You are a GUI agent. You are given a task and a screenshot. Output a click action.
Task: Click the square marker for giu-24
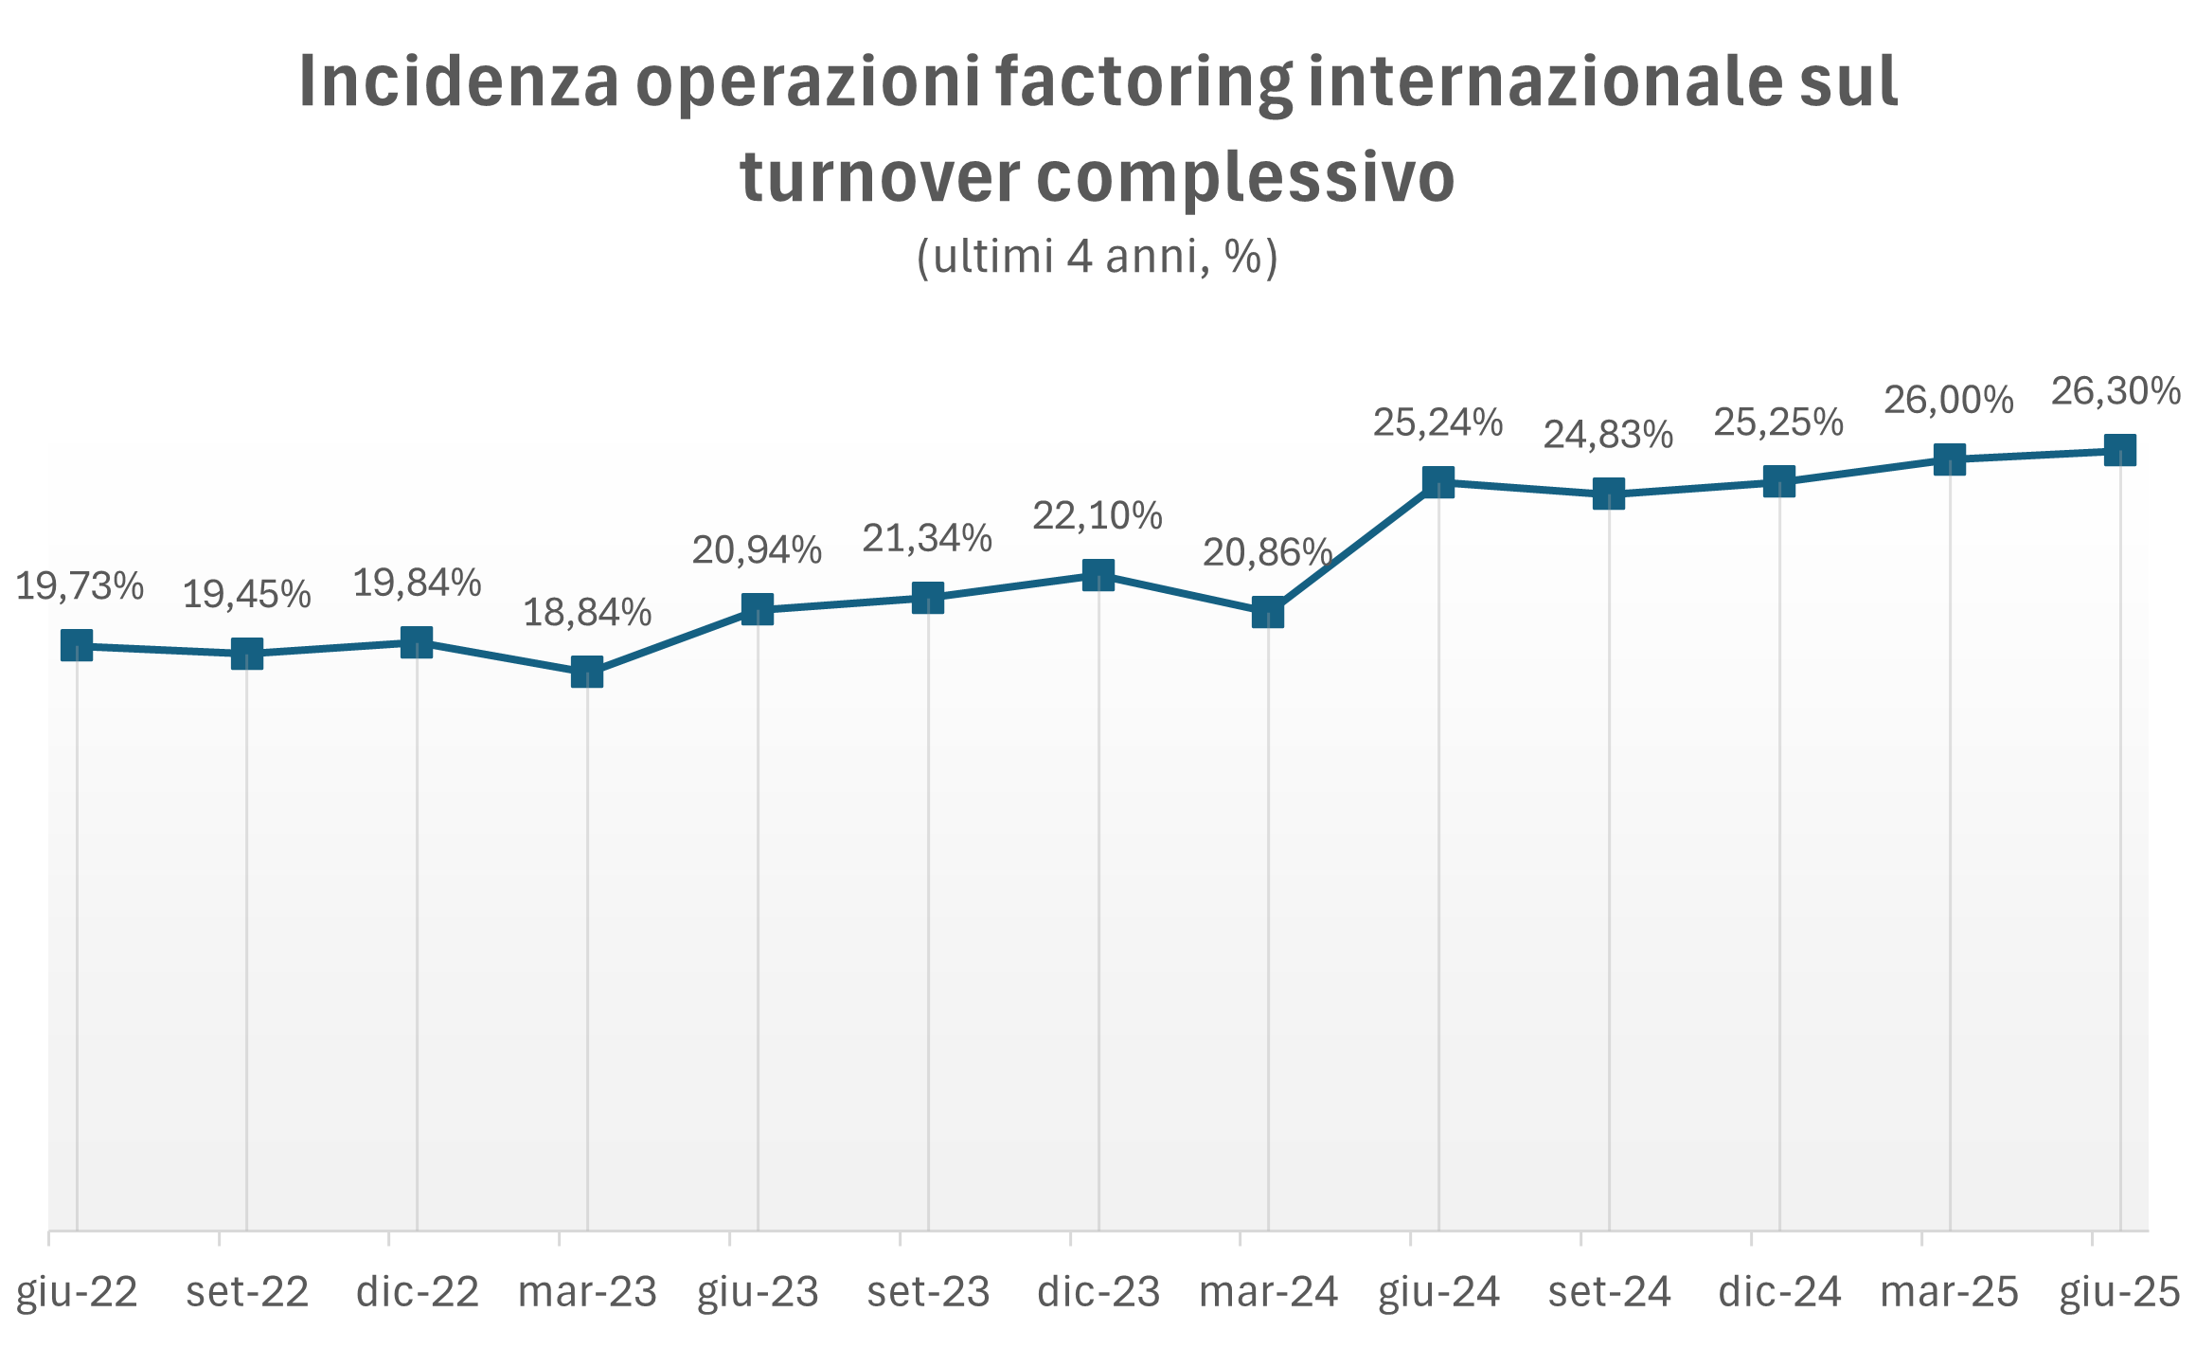click(1438, 482)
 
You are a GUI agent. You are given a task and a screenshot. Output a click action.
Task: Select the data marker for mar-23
click(587, 672)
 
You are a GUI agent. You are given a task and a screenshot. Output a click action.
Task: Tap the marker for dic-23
click(1098, 574)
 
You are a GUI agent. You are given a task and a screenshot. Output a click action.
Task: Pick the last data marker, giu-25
click(2119, 450)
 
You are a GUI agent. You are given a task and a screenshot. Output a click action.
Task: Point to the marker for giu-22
click(77, 646)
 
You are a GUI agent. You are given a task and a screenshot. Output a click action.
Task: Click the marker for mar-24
click(1268, 612)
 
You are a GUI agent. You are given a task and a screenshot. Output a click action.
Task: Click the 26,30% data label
click(2116, 390)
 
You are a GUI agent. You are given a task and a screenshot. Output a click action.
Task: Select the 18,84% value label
click(587, 613)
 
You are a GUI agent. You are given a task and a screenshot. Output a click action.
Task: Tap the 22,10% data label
click(1098, 515)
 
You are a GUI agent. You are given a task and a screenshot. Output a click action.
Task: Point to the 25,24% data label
click(1438, 422)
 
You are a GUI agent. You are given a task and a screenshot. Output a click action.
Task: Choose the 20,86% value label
click(1268, 552)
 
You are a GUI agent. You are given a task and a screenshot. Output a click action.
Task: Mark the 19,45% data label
click(247, 595)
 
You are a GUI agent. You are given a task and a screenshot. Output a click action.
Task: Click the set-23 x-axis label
click(928, 1292)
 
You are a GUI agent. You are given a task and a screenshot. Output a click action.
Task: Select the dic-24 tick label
click(1779, 1292)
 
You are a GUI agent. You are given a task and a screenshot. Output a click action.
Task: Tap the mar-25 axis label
click(1950, 1292)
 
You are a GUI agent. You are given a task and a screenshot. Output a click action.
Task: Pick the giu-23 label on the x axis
click(758, 1292)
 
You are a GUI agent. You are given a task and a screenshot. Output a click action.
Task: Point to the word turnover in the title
click(880, 177)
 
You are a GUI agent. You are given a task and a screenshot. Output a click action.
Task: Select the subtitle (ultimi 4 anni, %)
click(1098, 256)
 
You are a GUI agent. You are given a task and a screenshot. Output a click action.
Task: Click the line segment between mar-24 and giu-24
click(1353, 548)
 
